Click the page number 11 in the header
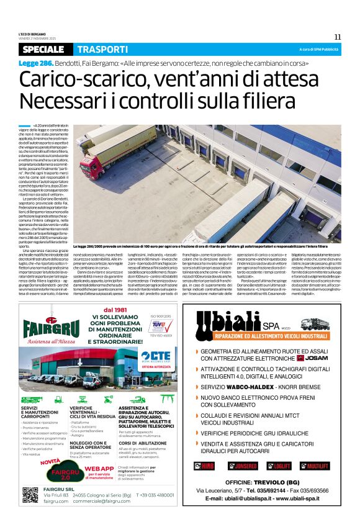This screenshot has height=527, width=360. [x=338, y=36]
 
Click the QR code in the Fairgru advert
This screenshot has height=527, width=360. [x=30, y=495]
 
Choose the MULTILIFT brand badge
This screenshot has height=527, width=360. [x=317, y=465]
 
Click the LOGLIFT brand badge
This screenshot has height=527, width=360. [x=281, y=465]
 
